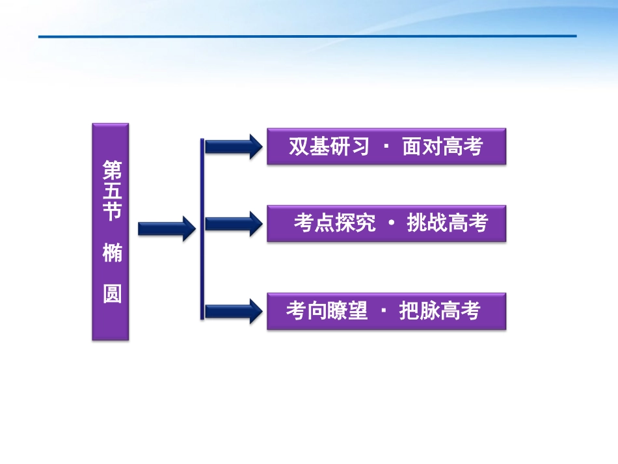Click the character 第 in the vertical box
pyautogui.click(x=111, y=171)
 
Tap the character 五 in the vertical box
pyautogui.click(x=111, y=192)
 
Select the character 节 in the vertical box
pyautogui.click(x=111, y=213)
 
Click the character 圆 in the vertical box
pyautogui.click(x=111, y=294)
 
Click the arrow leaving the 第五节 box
pyautogui.click(x=167, y=228)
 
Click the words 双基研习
pyautogui.click(x=329, y=147)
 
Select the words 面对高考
pyautogui.click(x=443, y=147)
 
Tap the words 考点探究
pyautogui.click(x=334, y=223)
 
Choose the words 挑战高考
pyautogui.click(x=447, y=223)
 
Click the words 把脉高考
pyautogui.click(x=440, y=311)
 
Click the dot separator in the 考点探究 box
pyautogui.click(x=391, y=223)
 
